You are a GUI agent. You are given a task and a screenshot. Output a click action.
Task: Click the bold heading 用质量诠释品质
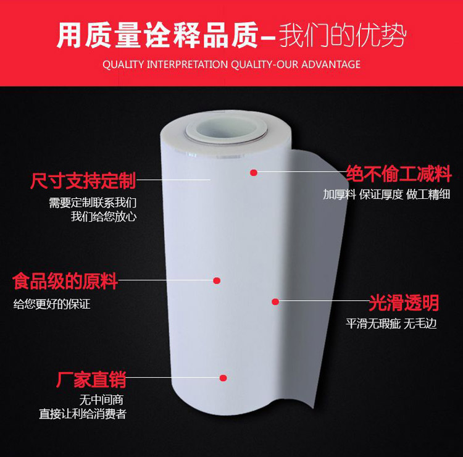[x=157, y=36]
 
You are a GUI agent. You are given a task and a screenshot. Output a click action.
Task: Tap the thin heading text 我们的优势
[x=343, y=36]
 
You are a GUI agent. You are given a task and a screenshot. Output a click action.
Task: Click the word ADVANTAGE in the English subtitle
[x=330, y=64]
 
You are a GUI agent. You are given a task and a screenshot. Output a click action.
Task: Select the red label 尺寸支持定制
[x=83, y=181]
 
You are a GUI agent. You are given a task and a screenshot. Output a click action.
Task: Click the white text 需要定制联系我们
[x=93, y=203]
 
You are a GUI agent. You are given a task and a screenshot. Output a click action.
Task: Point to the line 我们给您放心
[x=103, y=216]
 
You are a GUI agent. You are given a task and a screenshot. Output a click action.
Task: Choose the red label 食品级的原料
[x=65, y=282]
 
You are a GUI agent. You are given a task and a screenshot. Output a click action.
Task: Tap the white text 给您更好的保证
[x=52, y=304]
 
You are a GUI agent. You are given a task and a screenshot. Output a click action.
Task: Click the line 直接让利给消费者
[x=83, y=414]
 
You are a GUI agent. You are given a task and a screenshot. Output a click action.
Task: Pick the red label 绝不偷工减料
[x=399, y=173]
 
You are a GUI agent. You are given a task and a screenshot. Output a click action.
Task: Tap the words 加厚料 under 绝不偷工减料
[x=337, y=195]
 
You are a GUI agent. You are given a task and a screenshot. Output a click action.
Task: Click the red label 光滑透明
[x=404, y=302]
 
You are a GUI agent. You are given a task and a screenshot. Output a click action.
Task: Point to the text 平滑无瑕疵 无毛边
[x=391, y=323]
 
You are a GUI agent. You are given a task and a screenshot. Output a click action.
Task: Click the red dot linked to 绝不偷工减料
[x=253, y=173]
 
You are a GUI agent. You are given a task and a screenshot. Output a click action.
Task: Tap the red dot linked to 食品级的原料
[x=217, y=280]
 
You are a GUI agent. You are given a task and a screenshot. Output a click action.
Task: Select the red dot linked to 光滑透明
[x=276, y=301]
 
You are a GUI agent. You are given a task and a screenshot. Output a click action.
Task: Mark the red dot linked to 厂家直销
[x=223, y=377]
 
